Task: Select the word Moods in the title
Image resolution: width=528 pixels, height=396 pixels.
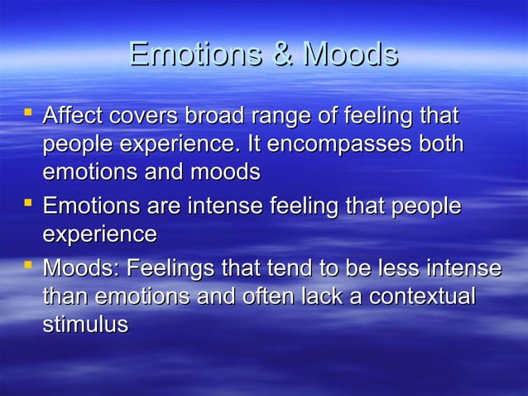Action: tap(350, 55)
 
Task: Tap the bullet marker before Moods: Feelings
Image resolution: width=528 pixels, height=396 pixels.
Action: tap(28, 264)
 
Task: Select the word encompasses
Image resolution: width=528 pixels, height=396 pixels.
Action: tap(346, 145)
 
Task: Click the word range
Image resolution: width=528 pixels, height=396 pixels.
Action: tap(290, 116)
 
